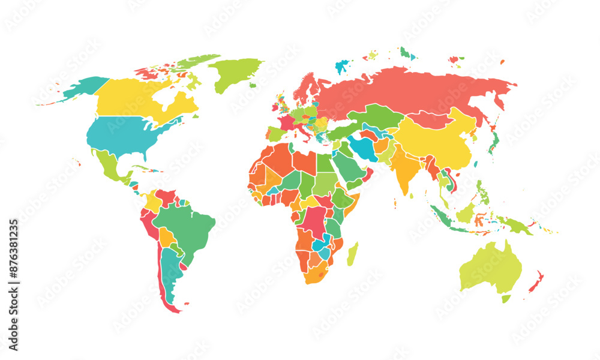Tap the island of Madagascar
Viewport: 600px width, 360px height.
pyautogui.click(x=353, y=253)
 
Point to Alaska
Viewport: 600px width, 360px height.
pyautogui.click(x=84, y=87)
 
